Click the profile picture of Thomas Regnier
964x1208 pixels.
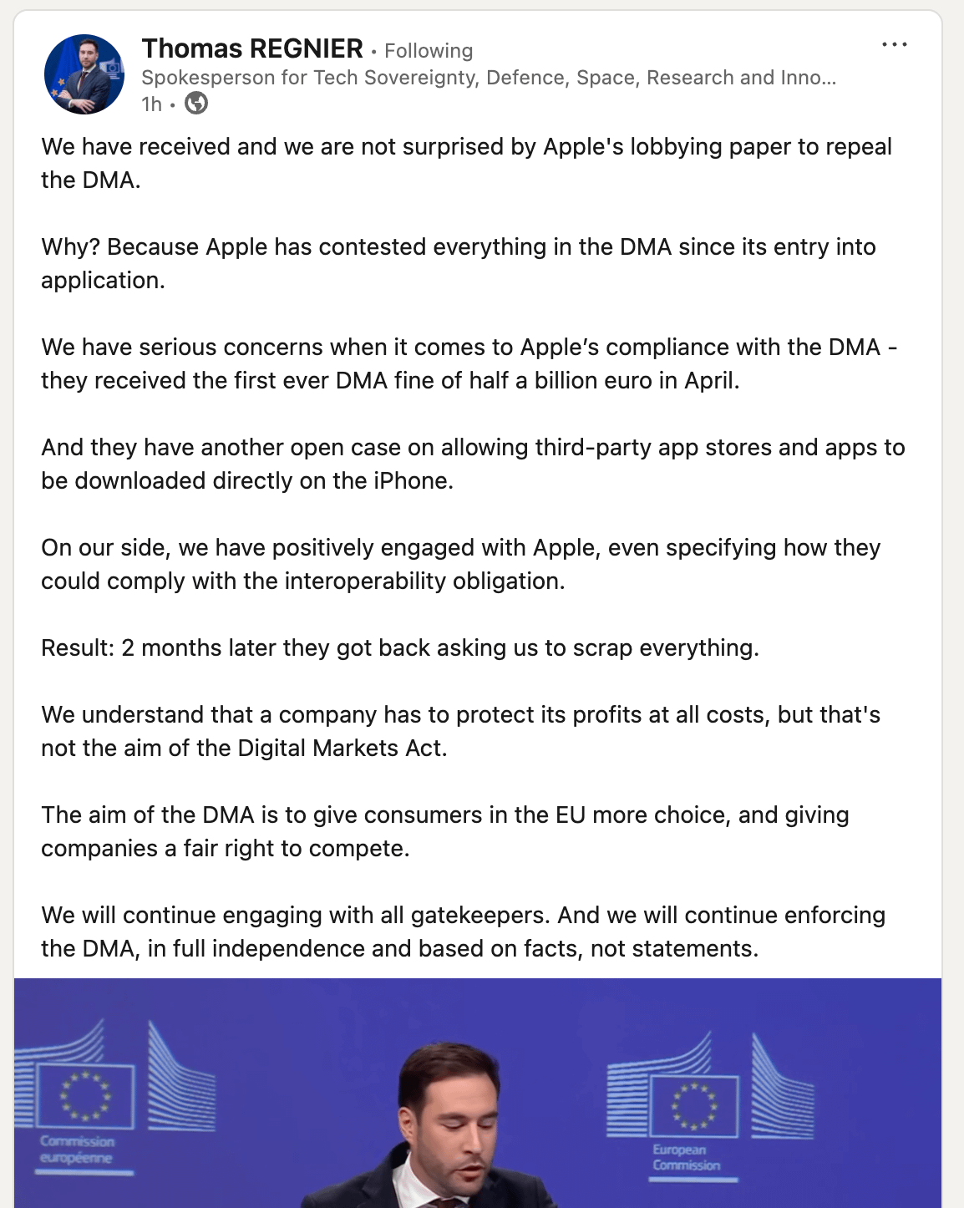(84, 74)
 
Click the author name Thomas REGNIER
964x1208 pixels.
(252, 49)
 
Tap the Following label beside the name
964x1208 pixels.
(429, 51)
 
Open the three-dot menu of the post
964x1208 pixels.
(894, 45)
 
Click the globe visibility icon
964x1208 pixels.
(196, 104)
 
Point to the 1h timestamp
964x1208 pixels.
(151, 104)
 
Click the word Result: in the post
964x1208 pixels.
(78, 648)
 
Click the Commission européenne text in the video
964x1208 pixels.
(77, 1150)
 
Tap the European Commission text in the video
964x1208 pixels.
(686, 1157)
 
